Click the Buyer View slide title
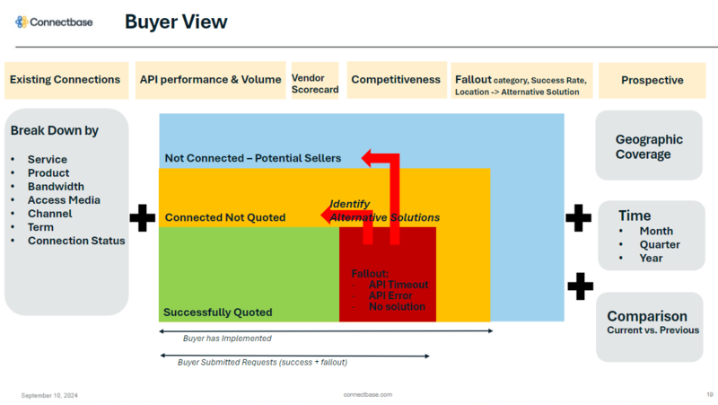click(x=176, y=22)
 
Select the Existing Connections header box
click(x=65, y=80)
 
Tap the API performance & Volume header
click(x=210, y=80)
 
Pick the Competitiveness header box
click(x=396, y=80)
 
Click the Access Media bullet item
click(x=64, y=200)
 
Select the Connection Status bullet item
click(x=76, y=241)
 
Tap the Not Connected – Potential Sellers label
click(x=252, y=159)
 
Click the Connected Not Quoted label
click(x=225, y=217)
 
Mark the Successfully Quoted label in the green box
click(x=217, y=313)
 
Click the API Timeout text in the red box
click(x=398, y=285)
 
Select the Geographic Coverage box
click(x=649, y=146)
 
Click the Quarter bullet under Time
click(x=660, y=244)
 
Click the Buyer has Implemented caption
click(x=227, y=339)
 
